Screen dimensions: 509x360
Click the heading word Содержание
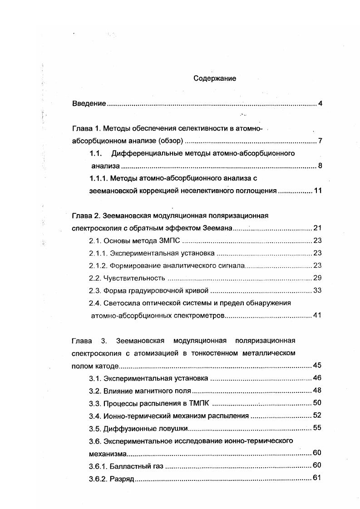pos(215,78)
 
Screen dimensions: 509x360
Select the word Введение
pos(89,104)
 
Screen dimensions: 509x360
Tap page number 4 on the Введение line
pos(320,104)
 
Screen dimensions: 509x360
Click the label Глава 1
pos(87,128)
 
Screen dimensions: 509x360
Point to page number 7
pos(320,141)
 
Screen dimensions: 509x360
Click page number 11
pos(318,191)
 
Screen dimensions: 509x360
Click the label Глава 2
pos(87,215)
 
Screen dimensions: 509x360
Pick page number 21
pos(317,228)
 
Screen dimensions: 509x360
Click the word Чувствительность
pos(134,278)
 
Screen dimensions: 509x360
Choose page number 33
pos(317,290)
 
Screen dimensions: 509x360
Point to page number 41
pos(317,315)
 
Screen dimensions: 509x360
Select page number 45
pos(317,366)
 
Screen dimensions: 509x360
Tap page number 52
pos(317,415)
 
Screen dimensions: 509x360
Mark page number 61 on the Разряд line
pos(317,478)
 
